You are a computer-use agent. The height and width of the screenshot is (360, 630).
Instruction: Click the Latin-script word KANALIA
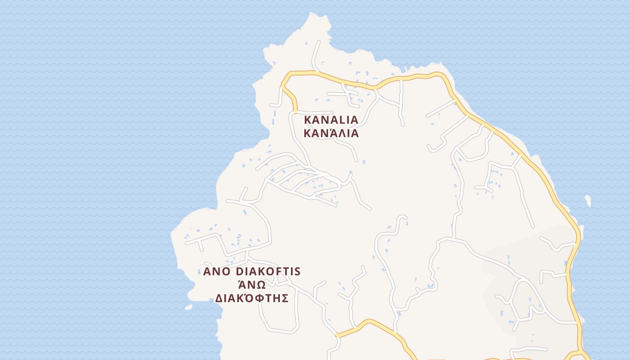[331, 120]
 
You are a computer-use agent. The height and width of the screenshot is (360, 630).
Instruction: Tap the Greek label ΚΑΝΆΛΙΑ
[331, 133]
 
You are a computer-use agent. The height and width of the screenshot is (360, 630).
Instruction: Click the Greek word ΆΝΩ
[252, 285]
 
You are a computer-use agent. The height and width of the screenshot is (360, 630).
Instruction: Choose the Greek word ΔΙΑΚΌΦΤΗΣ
[252, 298]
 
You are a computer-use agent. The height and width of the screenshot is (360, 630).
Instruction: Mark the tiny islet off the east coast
[588, 200]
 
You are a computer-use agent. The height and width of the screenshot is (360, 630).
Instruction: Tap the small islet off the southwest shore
[188, 307]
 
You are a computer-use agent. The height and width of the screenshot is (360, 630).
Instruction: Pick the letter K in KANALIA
[309, 120]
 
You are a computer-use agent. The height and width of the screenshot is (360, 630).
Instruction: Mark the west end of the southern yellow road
[337, 335]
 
